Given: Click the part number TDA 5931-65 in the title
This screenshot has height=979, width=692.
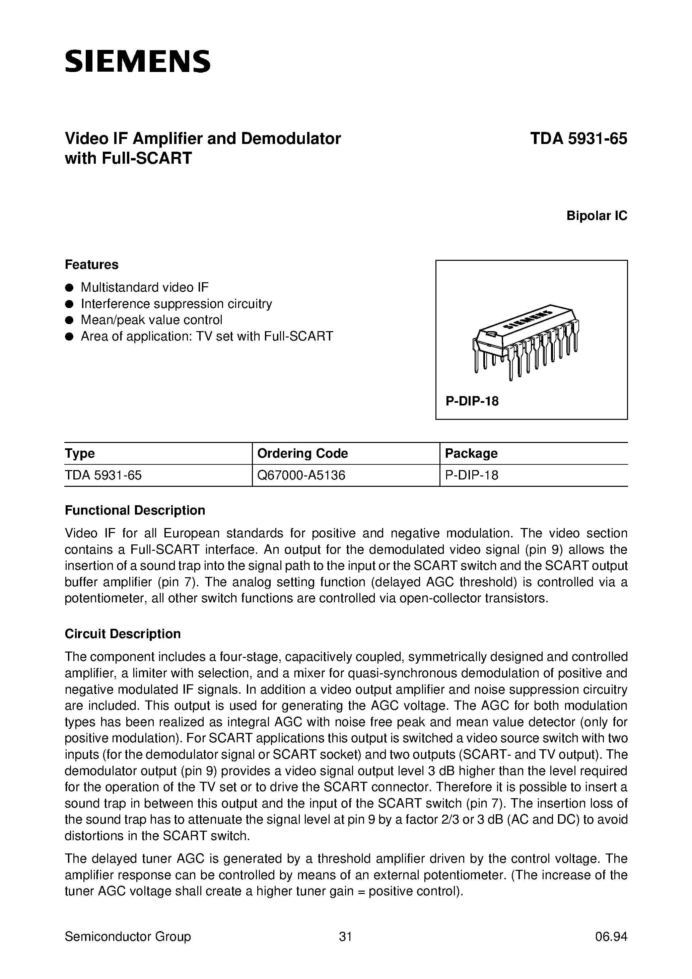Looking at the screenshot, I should click(578, 139).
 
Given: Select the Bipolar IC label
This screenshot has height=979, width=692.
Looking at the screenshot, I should click(597, 216).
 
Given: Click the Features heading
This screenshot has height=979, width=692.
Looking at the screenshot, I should click(91, 265).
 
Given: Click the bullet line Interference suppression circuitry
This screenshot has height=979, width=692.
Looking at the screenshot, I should click(176, 304).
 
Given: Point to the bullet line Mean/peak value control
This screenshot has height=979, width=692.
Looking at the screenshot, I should click(151, 320).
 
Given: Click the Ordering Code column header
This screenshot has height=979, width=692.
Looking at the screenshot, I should click(302, 453).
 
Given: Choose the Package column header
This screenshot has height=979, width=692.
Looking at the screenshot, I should click(471, 453).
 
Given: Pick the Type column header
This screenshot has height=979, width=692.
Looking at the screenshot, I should click(80, 453).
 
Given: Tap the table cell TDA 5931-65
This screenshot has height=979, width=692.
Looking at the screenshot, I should click(103, 475).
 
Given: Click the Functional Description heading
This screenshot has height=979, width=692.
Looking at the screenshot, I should click(135, 510).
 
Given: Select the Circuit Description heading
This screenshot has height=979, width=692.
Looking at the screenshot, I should click(123, 634).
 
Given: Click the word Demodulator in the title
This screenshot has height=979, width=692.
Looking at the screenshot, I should click(290, 139).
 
